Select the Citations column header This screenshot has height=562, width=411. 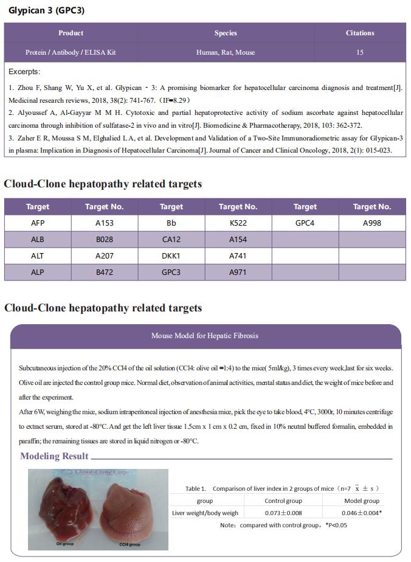360,33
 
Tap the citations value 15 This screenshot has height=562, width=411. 360,52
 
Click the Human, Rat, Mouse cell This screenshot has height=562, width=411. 226,52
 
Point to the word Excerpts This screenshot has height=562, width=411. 25,72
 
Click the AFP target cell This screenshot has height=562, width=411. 38,223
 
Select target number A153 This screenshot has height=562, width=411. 105,223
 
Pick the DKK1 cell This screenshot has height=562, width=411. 171,256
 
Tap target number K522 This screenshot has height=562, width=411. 238,223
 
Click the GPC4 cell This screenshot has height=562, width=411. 305,223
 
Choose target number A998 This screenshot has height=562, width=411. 372,223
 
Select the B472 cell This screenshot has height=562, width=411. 105,272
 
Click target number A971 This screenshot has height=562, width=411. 238,272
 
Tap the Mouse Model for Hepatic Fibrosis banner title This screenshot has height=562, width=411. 206,336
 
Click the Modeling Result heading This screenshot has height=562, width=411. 54,456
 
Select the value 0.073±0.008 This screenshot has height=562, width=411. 283,513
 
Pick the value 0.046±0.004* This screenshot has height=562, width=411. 362,513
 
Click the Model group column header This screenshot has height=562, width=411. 362,501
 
